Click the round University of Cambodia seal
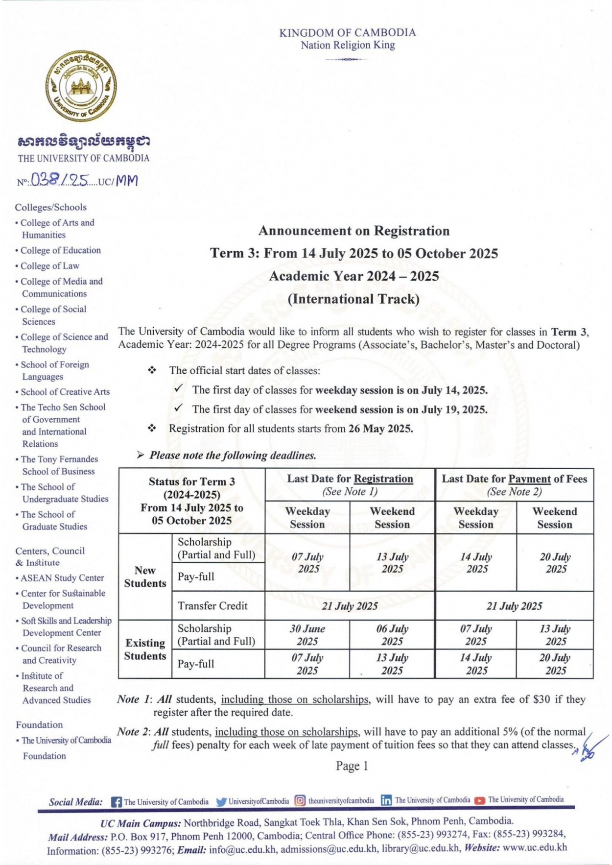click(x=81, y=87)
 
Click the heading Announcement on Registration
click(x=353, y=230)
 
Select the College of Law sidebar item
click(x=49, y=266)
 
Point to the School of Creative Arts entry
click(x=65, y=392)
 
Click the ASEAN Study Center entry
click(x=62, y=578)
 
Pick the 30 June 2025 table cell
click(x=307, y=635)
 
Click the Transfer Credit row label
click(x=212, y=606)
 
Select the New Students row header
click(x=145, y=577)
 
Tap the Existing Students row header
click(x=145, y=649)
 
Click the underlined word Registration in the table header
click(x=383, y=479)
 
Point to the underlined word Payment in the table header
click(x=529, y=479)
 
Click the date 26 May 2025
click(x=380, y=429)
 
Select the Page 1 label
click(x=352, y=766)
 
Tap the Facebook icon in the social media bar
click(x=116, y=802)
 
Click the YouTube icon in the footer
click(x=480, y=800)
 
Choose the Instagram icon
click(x=300, y=801)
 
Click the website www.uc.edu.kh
click(x=535, y=847)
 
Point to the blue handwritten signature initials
click(x=589, y=748)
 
